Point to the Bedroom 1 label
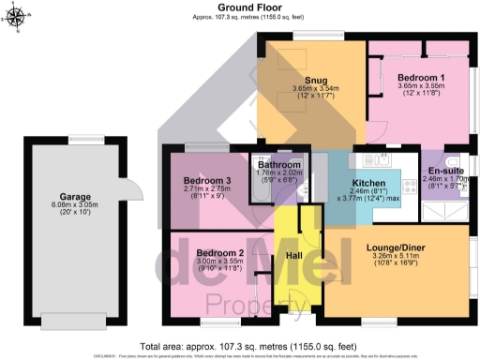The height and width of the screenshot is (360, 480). [x=416, y=76]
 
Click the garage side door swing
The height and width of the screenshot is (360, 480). [x=133, y=186]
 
